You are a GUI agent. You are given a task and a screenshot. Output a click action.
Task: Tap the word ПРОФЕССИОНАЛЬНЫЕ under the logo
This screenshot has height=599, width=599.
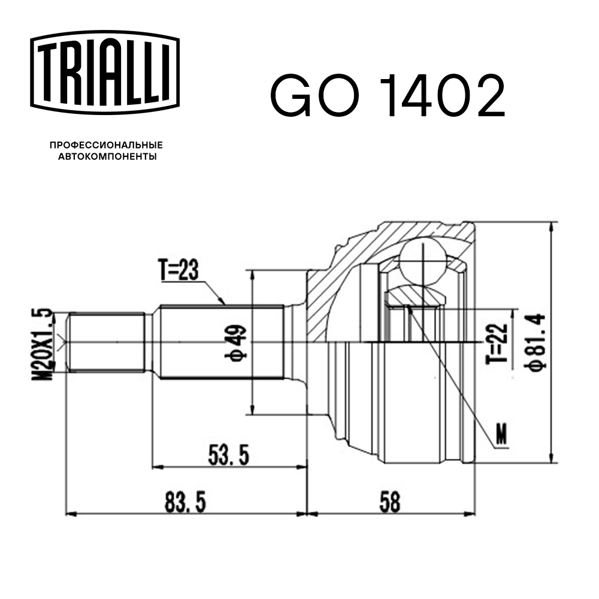106,146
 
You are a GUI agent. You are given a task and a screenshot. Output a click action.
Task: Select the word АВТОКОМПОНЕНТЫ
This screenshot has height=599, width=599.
106,157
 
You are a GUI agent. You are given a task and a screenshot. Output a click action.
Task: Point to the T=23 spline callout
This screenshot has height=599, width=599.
179,271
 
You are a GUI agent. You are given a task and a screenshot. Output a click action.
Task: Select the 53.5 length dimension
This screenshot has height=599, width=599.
228,456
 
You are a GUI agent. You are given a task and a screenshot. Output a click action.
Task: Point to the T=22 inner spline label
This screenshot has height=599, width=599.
500,343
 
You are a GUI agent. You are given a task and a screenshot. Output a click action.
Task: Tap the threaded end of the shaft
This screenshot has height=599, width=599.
105,343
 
